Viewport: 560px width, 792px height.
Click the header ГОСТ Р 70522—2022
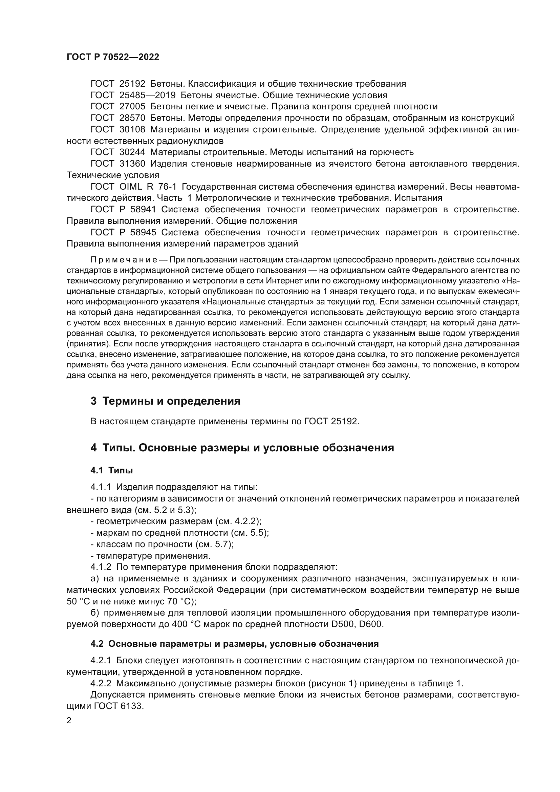pos(113,57)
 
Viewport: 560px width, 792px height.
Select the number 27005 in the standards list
pos(132,107)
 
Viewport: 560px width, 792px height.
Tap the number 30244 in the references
pos(132,152)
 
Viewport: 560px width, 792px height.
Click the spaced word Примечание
pos(124,259)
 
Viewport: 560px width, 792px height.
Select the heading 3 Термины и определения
pos(166,401)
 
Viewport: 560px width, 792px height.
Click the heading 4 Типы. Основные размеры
pos(242,448)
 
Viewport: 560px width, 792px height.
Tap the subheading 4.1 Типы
pos(112,470)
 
